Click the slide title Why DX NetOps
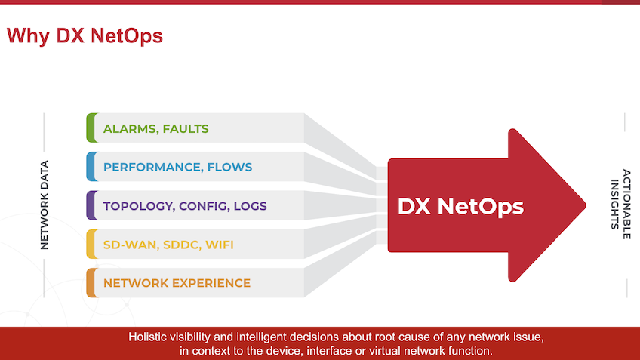coord(85,35)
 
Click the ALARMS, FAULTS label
coord(155,128)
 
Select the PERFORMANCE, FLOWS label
coord(177,167)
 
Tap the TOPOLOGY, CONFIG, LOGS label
coord(185,205)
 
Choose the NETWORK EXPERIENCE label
coord(177,283)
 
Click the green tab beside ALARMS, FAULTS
coord(91,128)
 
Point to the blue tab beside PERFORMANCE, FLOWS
coord(91,167)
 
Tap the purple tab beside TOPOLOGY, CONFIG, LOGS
coord(91,205)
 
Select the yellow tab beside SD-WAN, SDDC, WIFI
coord(91,245)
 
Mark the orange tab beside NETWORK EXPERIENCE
coord(91,283)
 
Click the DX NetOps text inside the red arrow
coord(460,206)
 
